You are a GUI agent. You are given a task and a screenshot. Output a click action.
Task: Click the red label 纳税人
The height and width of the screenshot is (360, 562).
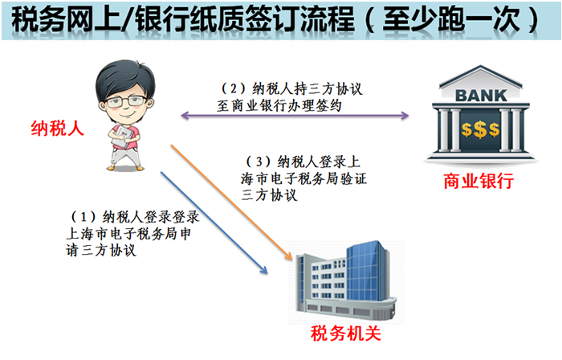57,128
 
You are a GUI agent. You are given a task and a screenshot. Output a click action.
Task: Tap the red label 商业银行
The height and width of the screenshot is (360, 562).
479,181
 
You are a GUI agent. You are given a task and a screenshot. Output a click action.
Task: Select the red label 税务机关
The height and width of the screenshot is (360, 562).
345,333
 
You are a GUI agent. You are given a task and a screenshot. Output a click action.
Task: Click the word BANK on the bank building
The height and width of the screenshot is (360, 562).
481,96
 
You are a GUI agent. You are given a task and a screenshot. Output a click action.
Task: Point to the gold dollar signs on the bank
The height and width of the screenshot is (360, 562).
480,130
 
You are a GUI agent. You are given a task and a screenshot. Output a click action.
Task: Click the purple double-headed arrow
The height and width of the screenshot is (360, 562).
295,116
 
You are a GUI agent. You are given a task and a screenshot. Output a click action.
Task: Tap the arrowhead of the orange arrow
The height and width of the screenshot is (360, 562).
289,256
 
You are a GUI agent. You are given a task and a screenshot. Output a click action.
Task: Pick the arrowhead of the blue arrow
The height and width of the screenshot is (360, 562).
264,270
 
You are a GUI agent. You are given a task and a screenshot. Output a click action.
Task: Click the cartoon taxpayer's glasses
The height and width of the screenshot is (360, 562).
125,102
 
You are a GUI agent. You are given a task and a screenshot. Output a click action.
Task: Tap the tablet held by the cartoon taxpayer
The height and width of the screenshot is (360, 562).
123,137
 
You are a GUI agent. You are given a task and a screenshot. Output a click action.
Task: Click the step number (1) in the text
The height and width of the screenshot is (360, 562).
83,217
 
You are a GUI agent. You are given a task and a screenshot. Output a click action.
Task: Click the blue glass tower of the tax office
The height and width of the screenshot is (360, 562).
368,271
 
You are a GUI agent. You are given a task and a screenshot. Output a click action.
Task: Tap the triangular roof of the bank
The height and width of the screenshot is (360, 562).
481,76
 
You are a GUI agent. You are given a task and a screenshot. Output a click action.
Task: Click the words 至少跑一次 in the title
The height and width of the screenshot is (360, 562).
451,19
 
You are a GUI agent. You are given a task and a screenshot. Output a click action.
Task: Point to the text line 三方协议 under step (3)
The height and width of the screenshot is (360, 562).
269,195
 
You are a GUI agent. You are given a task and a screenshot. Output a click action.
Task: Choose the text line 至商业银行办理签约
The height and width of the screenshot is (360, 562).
279,106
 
